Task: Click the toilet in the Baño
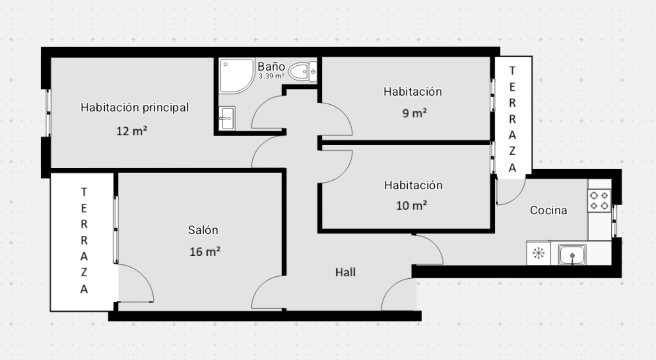pyautogui.click(x=303, y=72)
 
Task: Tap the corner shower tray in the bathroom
pyautogui.click(x=237, y=76)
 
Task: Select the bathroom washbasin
pyautogui.click(x=227, y=118)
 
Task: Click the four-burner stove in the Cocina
pyautogui.click(x=599, y=201)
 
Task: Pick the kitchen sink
pyautogui.click(x=572, y=255)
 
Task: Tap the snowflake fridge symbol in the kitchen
pyautogui.click(x=539, y=253)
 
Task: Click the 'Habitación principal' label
pyautogui.click(x=135, y=107)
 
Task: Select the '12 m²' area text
pyautogui.click(x=131, y=131)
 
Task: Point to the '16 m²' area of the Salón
pyautogui.click(x=205, y=252)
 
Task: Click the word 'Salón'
pyautogui.click(x=203, y=230)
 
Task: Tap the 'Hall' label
pyautogui.click(x=345, y=272)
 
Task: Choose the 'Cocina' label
pyautogui.click(x=549, y=210)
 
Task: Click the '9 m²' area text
pyautogui.click(x=415, y=113)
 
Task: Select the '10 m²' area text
pyautogui.click(x=411, y=205)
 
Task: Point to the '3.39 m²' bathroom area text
pyautogui.click(x=271, y=76)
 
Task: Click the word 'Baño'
pyautogui.click(x=271, y=66)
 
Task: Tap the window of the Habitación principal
pyautogui.click(x=49, y=112)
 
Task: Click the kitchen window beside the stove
pyautogui.click(x=614, y=221)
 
